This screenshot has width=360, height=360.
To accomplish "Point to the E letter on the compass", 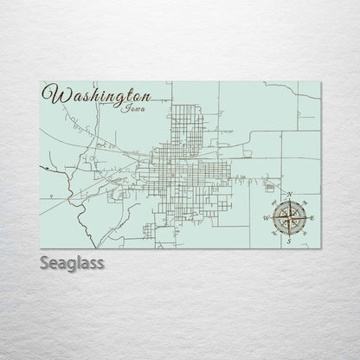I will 312,218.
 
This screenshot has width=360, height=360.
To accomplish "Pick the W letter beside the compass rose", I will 267,218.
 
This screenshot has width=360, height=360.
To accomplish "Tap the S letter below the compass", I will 289,243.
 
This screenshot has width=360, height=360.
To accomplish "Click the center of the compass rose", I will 289,218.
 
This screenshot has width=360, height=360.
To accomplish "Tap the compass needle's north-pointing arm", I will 289,208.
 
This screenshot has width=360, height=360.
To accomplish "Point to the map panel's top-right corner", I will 321,81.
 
